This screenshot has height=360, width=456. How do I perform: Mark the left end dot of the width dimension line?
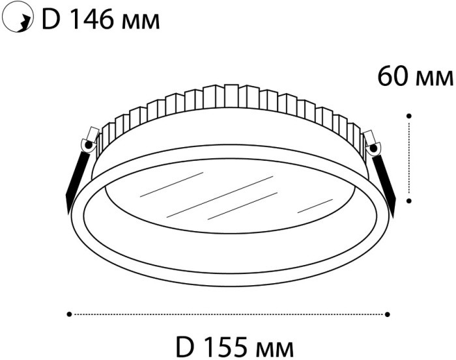(x=69, y=314)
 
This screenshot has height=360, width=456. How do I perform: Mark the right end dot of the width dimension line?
(x=388, y=314)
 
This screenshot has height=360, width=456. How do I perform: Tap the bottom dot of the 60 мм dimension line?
(x=408, y=202)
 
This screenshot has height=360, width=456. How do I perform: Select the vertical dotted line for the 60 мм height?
(x=408, y=159)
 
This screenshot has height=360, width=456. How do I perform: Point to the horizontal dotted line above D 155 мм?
(x=228, y=314)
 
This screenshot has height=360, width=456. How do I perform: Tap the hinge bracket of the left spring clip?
(x=89, y=141)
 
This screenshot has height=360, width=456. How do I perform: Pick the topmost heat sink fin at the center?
(x=230, y=95)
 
